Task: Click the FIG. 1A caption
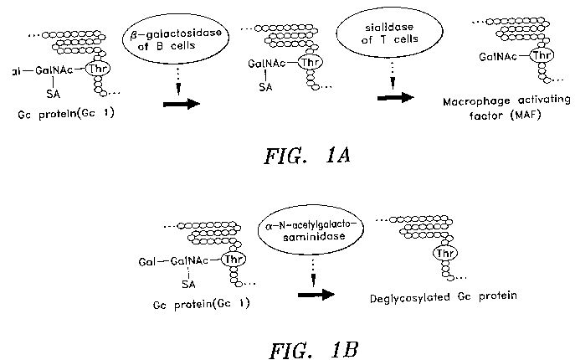click(x=307, y=156)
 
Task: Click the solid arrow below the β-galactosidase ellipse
click(x=181, y=104)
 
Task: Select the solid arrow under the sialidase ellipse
click(x=396, y=98)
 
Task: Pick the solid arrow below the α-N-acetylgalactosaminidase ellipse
click(x=316, y=295)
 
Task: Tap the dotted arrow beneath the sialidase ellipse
click(x=393, y=75)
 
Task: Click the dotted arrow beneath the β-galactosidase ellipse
click(x=178, y=80)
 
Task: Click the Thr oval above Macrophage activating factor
click(x=542, y=55)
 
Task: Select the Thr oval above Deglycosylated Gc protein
click(x=445, y=253)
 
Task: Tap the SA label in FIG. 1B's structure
click(x=188, y=284)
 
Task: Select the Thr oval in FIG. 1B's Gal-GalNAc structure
click(x=234, y=260)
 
